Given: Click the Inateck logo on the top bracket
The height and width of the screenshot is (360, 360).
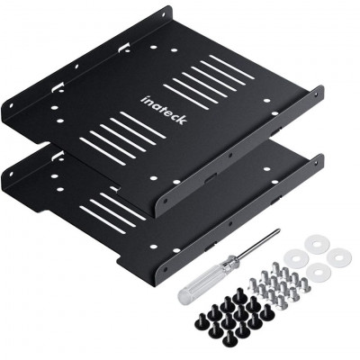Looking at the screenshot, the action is click(164, 110).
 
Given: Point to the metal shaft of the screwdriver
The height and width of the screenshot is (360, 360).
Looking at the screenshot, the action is click(258, 243).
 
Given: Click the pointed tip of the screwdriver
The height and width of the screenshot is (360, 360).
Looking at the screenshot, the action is click(279, 230).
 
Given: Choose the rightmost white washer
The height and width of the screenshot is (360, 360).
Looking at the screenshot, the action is click(339, 256).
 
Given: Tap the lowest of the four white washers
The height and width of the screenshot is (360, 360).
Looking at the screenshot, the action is click(319, 271).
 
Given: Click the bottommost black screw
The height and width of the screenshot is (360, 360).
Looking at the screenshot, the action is click(229, 339).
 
